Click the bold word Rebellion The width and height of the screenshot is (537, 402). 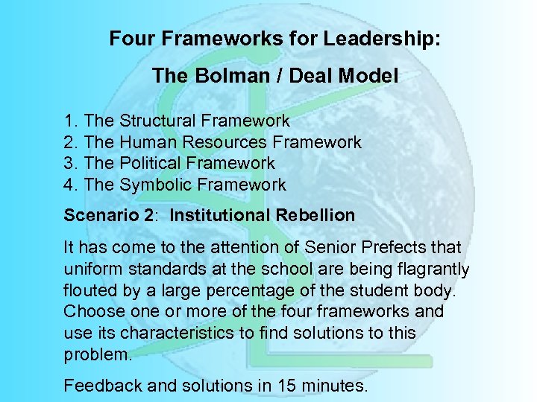pos(321,216)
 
